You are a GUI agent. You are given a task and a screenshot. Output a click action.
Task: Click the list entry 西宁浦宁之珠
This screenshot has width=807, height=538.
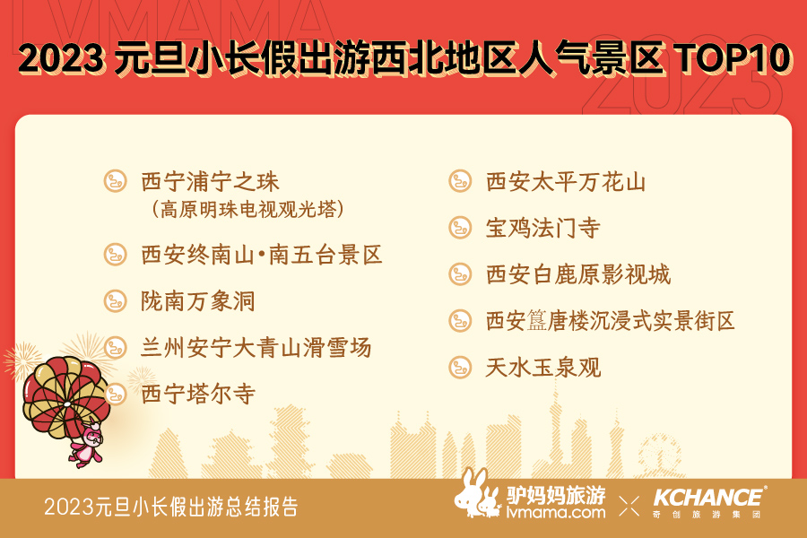coord(210,182)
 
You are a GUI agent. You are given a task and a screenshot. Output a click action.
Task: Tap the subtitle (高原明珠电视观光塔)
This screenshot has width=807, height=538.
coord(247,209)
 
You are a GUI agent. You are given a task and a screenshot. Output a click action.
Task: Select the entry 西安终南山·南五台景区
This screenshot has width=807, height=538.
coord(262,255)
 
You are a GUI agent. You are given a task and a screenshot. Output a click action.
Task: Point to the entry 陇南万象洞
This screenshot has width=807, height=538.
coord(198,301)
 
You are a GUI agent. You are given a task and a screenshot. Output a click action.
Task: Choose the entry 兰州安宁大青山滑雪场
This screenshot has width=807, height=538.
coord(256,348)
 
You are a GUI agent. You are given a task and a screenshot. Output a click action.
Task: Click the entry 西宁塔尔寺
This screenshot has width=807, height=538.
coord(198,394)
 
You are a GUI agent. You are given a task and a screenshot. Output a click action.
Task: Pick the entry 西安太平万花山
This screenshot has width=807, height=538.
coord(566,182)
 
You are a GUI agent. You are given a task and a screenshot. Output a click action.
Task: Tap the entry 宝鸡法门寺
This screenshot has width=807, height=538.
coord(543,228)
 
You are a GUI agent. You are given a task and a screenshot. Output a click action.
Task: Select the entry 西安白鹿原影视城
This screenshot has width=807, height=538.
coord(578,274)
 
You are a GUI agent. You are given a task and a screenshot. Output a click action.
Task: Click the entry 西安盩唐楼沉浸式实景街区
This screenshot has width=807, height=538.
coord(611,321)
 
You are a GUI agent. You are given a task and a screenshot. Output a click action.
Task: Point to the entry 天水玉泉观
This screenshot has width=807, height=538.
coord(543,367)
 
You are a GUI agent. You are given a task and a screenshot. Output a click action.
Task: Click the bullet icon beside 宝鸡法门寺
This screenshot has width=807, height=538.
coord(460,228)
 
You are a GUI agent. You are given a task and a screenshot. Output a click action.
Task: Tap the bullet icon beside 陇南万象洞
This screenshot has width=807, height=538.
coord(116,301)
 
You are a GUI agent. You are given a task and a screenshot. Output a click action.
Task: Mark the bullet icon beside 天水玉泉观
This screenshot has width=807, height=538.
coord(460,367)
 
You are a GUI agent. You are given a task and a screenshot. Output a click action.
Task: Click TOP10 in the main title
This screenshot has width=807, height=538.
coord(733,57)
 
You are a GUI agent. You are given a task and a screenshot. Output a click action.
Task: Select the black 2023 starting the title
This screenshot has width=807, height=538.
coord(60,57)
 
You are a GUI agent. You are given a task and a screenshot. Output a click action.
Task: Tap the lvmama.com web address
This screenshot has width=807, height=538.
coord(556,512)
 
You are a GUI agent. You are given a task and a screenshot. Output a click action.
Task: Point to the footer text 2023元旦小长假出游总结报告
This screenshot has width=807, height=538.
coord(171,507)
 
